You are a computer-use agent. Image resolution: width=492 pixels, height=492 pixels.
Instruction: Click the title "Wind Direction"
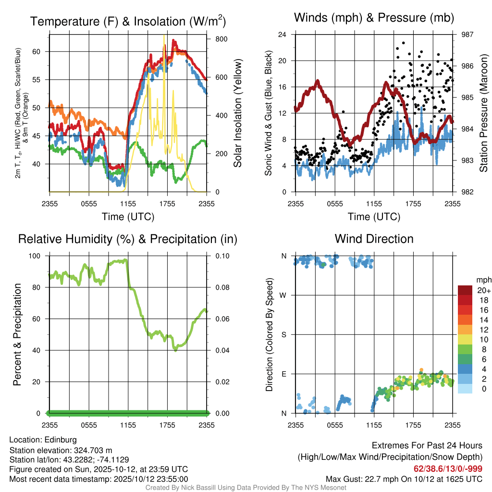pyautogui.click(x=374, y=239)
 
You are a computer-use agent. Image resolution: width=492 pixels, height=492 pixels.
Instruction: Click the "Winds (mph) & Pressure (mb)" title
pyautogui.click(x=374, y=18)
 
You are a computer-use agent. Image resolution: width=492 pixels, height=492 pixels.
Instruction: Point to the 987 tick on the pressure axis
pyautogui.click(x=465, y=35)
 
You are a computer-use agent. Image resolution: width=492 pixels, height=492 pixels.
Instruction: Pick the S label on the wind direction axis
pyautogui.click(x=283, y=334)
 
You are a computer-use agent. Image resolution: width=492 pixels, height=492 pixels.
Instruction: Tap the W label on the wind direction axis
pyautogui.click(x=283, y=295)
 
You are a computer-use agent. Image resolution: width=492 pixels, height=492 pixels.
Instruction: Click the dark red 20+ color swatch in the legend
pyautogui.click(x=465, y=290)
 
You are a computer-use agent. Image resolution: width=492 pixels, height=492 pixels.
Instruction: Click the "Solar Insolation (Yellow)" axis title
pyautogui.click(x=238, y=113)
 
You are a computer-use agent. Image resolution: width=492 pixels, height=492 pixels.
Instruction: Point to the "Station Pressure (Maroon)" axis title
pyautogui.click(x=484, y=113)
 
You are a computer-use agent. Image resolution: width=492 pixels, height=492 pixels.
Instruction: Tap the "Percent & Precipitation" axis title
pyautogui.click(x=17, y=334)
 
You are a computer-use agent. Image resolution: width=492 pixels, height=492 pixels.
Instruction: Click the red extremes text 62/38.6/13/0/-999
pyautogui.click(x=448, y=469)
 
